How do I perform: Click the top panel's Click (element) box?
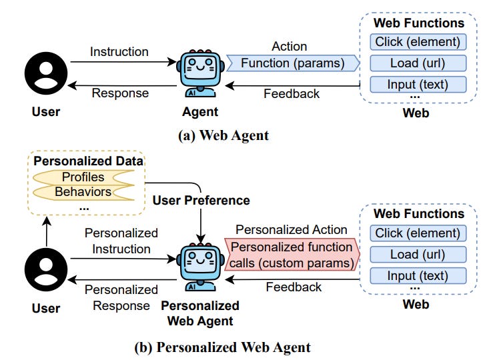(x=418, y=43)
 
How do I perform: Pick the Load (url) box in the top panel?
(x=418, y=64)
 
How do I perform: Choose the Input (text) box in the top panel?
(x=418, y=85)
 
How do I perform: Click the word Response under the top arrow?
(x=119, y=93)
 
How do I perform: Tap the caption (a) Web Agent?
(x=223, y=135)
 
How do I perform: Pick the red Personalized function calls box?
(x=292, y=255)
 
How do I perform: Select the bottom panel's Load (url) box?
(x=418, y=254)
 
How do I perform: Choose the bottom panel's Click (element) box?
(x=418, y=233)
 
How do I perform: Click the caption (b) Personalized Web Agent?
(x=223, y=347)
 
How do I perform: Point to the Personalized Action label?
(x=292, y=229)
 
